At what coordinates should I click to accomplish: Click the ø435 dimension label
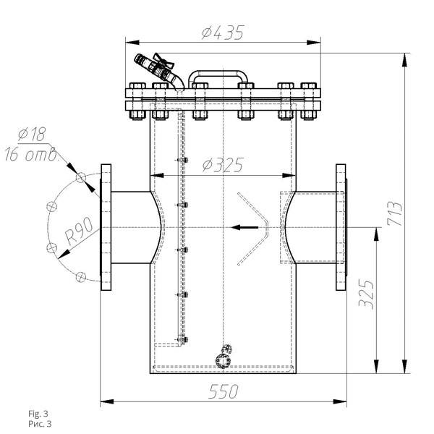point(223,33)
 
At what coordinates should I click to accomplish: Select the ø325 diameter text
point(223,165)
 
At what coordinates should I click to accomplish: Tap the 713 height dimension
point(395,213)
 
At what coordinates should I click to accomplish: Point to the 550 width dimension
point(224,391)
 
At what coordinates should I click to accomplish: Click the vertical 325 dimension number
point(366,294)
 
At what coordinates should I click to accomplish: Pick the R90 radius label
point(79,231)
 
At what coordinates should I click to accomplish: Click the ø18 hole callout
point(32,135)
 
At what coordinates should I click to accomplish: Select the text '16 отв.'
point(32,155)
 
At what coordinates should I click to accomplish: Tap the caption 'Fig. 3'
point(38,414)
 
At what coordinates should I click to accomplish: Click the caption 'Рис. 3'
point(40,424)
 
